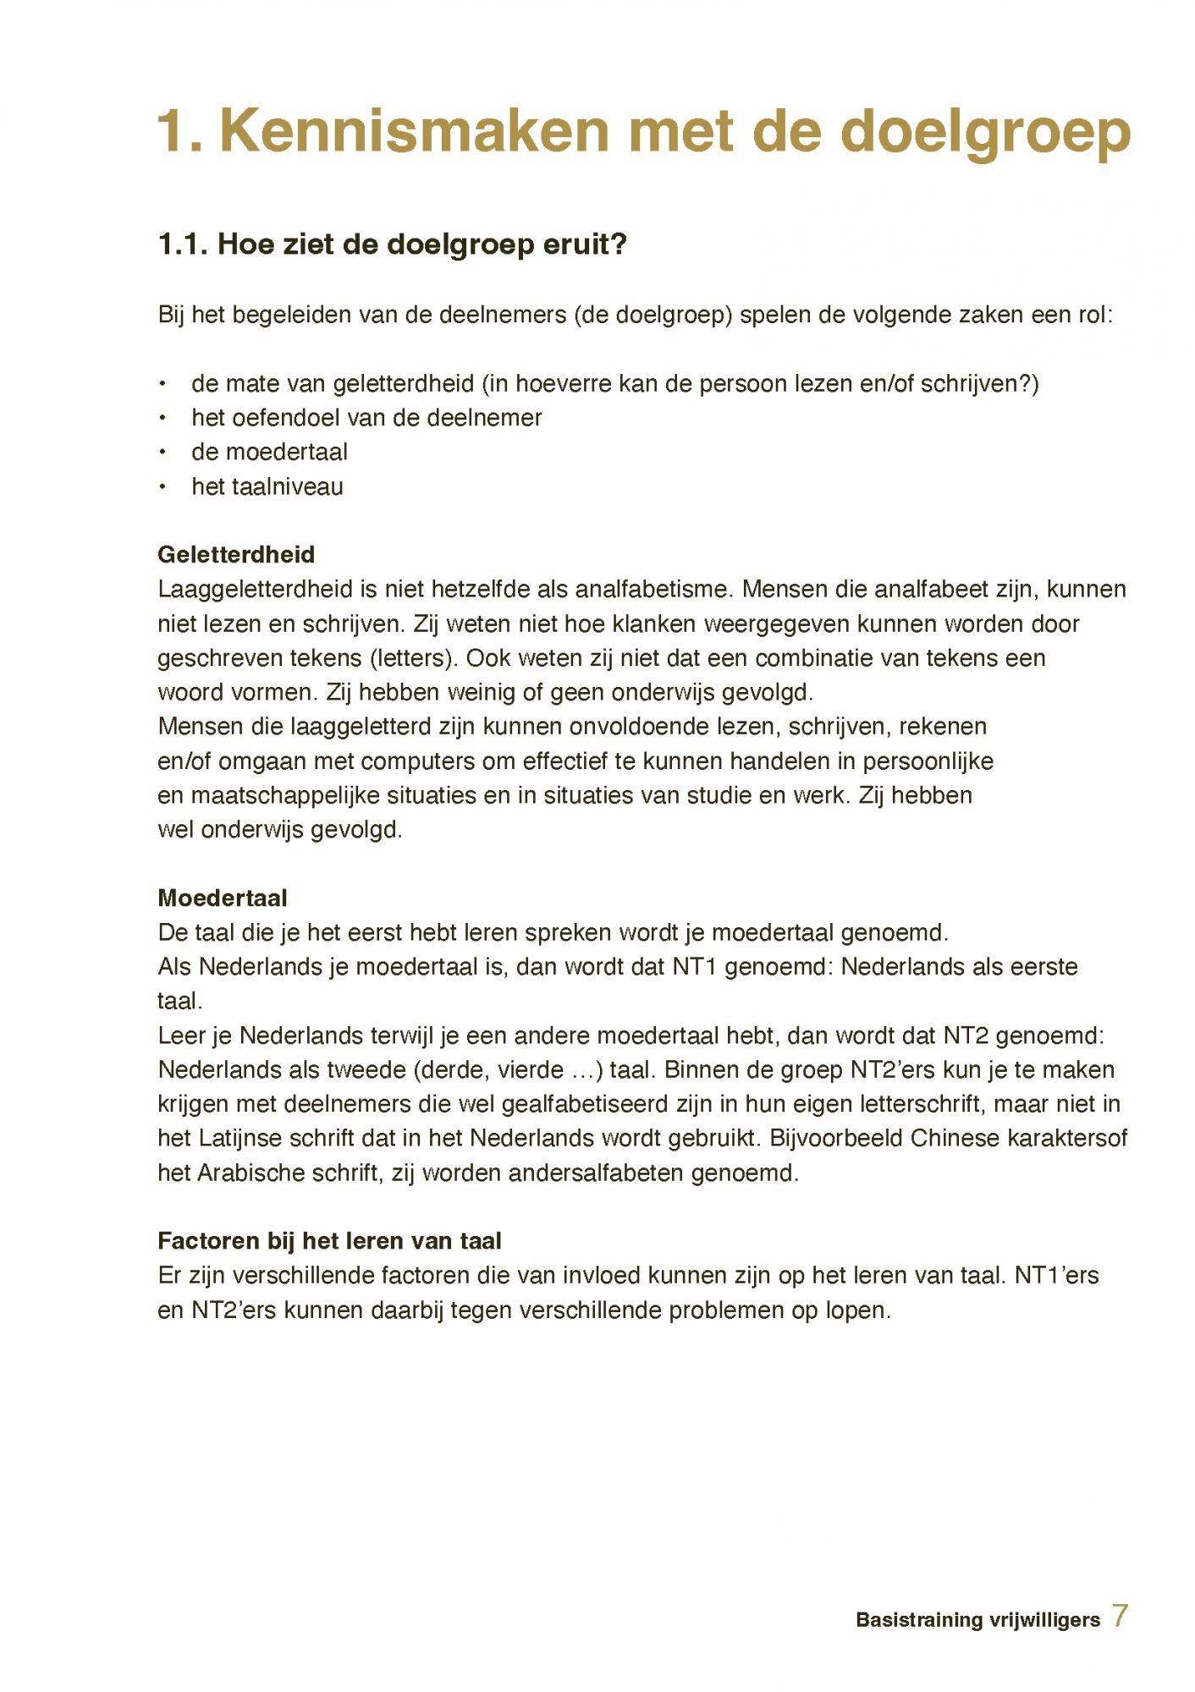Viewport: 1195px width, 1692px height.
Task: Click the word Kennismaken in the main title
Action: (414, 130)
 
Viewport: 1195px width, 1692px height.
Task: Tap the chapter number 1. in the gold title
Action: (180, 130)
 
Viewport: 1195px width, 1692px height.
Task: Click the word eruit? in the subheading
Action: (585, 244)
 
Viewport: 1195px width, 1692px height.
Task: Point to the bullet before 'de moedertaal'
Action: (162, 453)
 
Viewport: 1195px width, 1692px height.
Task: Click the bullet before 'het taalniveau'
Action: (162, 487)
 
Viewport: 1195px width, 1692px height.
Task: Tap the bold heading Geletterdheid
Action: (236, 555)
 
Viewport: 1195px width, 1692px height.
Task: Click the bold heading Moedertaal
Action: (223, 898)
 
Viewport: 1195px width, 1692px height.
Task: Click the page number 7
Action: (1120, 1616)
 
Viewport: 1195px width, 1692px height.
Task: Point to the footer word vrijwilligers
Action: (1047, 1620)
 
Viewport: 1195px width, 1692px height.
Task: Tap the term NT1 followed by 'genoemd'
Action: (695, 967)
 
